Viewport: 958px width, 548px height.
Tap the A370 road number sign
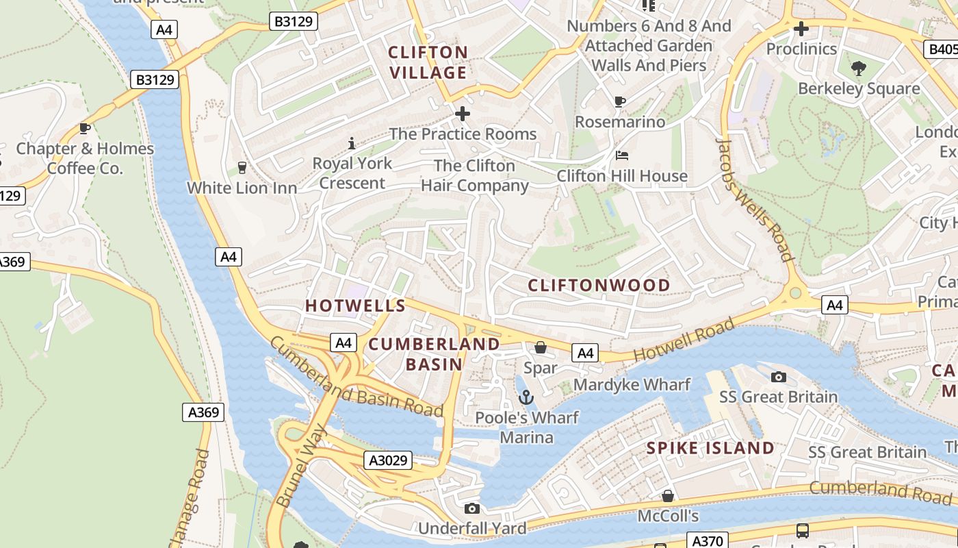point(708,541)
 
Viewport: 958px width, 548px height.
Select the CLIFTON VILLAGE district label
point(428,62)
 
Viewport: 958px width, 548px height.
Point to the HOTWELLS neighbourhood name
point(355,306)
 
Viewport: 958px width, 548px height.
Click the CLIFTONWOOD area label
point(599,285)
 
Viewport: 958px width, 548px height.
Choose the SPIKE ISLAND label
point(710,448)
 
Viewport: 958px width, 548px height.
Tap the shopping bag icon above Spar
point(541,348)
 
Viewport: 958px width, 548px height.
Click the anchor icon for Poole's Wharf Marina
point(526,397)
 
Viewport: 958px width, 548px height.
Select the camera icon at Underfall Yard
point(471,508)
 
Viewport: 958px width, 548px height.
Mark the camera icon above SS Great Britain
point(778,377)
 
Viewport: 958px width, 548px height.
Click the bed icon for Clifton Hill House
point(621,155)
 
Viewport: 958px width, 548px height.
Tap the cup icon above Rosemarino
point(620,101)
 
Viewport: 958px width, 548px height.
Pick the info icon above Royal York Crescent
point(352,143)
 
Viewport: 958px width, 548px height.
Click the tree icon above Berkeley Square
point(859,68)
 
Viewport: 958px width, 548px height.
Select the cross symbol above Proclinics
point(801,29)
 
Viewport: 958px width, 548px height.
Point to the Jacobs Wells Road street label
point(755,200)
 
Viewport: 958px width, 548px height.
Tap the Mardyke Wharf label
point(632,384)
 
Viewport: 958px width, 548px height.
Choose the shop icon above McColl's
point(668,495)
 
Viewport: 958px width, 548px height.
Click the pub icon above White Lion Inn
point(242,168)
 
